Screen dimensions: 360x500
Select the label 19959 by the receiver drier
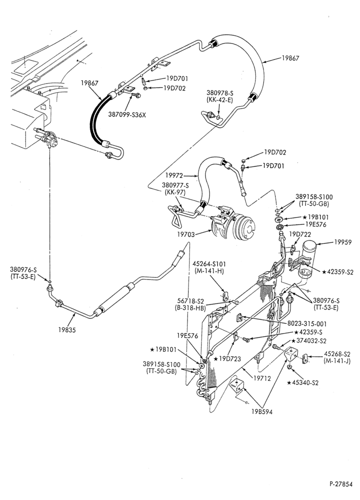click(343, 242)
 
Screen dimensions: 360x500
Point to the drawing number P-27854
click(341, 484)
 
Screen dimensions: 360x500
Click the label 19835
click(67, 330)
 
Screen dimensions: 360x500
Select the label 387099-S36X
click(127, 114)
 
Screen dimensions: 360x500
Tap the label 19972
click(174, 175)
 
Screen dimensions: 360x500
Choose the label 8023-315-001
click(307, 323)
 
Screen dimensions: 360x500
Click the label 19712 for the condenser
click(262, 378)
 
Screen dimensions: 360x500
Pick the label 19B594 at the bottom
click(262, 411)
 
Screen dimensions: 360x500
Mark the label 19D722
click(299, 234)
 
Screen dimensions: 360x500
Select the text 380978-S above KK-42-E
click(220, 93)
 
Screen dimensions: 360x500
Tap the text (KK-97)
click(174, 192)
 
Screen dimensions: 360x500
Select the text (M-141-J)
click(336, 361)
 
